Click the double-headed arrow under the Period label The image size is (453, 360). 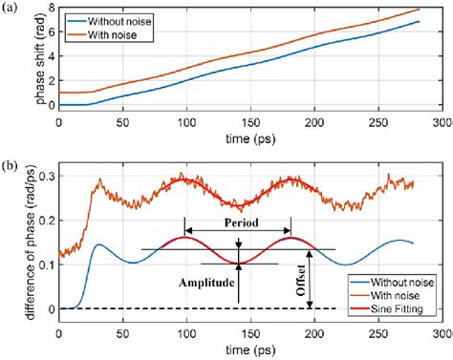coord(239,230)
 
